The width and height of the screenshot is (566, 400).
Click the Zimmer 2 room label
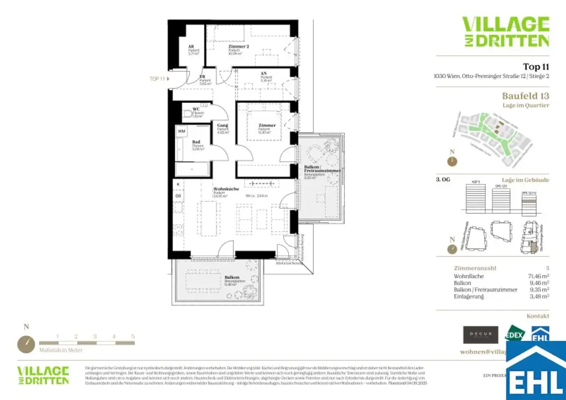(x=239, y=47)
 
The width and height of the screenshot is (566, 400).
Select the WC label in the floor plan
(x=196, y=109)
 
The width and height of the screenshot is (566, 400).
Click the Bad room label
(x=196, y=142)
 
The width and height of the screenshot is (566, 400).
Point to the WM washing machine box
(x=181, y=131)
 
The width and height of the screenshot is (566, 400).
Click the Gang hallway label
(x=223, y=126)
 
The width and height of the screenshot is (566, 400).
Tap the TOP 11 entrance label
(x=158, y=79)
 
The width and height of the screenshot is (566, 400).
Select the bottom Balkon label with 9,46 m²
(x=232, y=277)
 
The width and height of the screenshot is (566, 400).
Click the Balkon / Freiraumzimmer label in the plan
(x=321, y=169)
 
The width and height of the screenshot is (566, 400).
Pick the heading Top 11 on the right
(x=536, y=67)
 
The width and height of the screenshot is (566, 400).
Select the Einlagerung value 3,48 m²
(x=538, y=297)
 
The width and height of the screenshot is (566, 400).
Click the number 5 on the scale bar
(x=133, y=336)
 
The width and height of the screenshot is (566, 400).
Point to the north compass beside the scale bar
(x=26, y=343)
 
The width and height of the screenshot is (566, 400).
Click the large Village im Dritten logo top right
(x=506, y=31)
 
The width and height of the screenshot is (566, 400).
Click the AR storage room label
(x=191, y=47)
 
